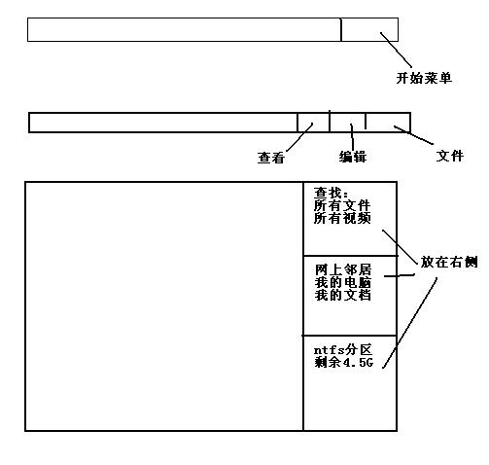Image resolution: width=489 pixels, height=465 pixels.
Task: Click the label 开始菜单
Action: [x=424, y=78]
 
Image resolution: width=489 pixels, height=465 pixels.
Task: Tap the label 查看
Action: [x=271, y=158]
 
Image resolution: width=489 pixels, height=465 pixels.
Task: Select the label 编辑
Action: [x=353, y=157]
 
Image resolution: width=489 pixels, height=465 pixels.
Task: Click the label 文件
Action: [x=450, y=156]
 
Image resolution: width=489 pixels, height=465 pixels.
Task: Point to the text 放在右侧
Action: [x=449, y=262]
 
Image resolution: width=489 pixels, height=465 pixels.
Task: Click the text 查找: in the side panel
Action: [x=331, y=193]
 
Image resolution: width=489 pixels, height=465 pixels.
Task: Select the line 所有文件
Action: [x=342, y=205]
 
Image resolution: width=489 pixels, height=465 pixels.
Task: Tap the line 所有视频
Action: [x=342, y=218]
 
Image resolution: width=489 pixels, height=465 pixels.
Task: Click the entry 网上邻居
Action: [x=343, y=269]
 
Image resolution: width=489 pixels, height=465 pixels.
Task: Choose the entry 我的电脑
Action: [x=343, y=282]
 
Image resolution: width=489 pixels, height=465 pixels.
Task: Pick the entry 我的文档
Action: [x=343, y=295]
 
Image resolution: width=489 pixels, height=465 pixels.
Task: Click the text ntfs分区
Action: [x=343, y=350]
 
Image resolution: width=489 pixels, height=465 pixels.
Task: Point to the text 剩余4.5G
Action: [x=344, y=362]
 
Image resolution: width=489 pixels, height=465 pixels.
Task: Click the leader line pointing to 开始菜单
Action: [x=396, y=50]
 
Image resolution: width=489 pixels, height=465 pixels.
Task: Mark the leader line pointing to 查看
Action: [x=300, y=137]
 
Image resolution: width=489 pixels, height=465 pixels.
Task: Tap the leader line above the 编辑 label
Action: [x=352, y=137]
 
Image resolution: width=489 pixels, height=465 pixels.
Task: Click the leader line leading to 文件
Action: [x=413, y=135]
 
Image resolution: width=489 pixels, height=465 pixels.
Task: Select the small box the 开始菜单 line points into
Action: [x=369, y=29]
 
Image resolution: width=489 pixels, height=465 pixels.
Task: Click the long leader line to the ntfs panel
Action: [x=409, y=323]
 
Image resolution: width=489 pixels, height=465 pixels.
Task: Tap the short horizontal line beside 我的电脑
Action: [x=400, y=275]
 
